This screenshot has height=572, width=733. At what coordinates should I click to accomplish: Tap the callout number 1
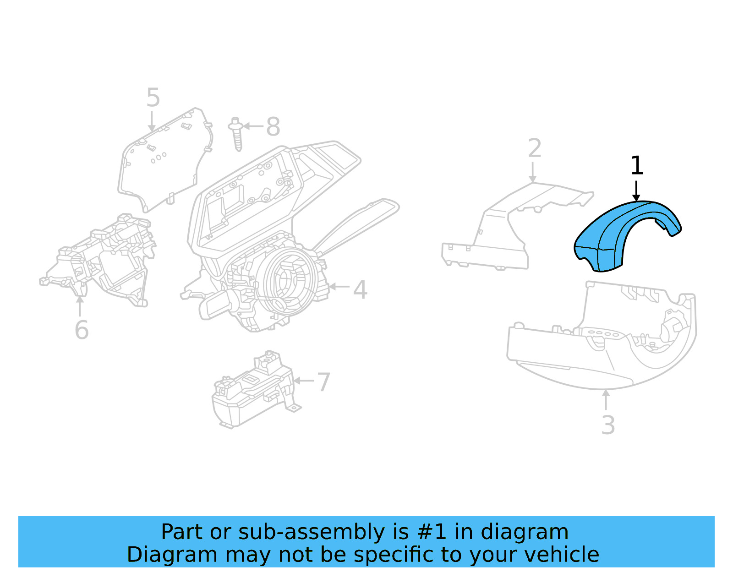tap(637, 166)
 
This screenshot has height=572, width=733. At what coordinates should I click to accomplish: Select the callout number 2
tap(534, 148)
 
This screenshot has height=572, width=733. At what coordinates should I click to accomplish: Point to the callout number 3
tap(607, 425)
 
